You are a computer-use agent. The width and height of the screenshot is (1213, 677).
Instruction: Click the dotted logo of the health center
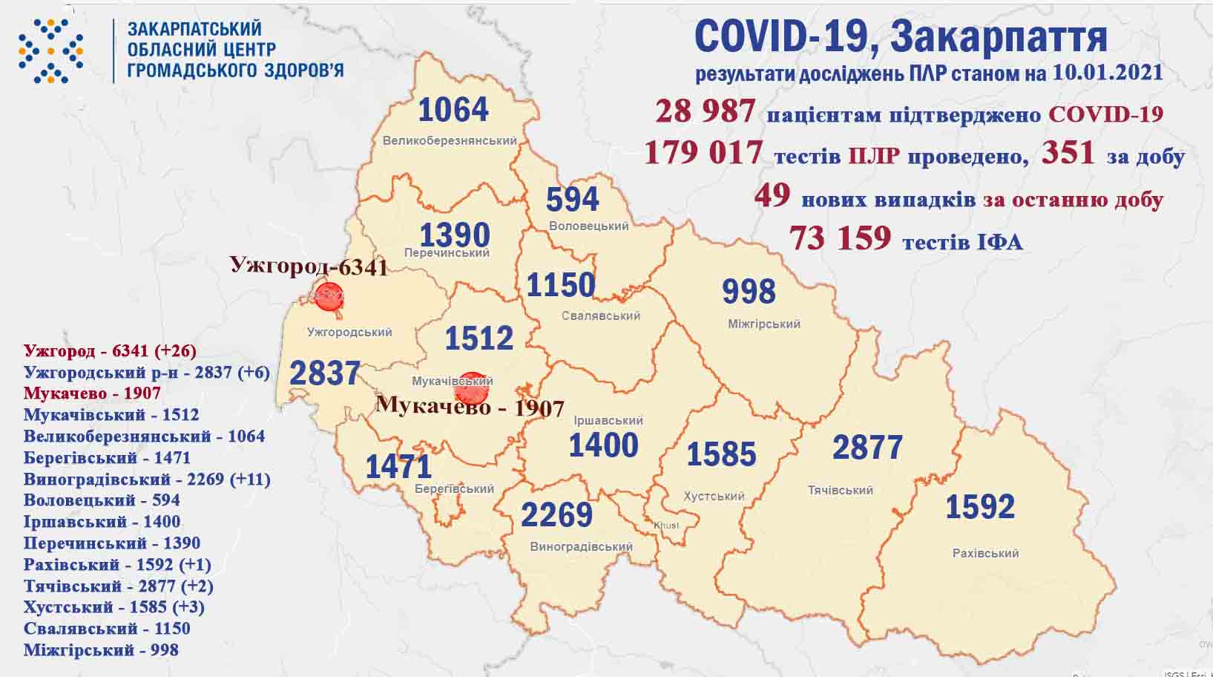pos(50,50)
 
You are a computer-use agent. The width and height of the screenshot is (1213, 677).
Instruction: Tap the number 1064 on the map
pos(453,110)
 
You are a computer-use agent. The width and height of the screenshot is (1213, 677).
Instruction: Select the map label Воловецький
pos(589,226)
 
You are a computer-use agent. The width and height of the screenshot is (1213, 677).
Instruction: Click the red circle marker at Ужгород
pos(328,295)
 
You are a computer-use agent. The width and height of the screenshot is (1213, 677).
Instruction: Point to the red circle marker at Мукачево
pos(471,387)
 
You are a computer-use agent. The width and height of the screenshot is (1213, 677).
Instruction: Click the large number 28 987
pos(705,111)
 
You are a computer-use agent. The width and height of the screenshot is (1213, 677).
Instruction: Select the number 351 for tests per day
pos(1068,152)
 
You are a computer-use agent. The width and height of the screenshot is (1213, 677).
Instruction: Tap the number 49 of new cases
pos(772,196)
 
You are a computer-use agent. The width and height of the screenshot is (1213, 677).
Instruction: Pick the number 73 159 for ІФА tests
pos(840,238)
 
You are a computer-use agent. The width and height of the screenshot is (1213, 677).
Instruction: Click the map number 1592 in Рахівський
pos(979,506)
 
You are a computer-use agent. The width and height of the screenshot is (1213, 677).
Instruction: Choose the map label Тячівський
pos(840,490)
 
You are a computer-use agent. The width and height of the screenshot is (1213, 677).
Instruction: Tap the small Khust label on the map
pos(665,526)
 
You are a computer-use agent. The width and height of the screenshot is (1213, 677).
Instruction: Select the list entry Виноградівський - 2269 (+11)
pos(147,479)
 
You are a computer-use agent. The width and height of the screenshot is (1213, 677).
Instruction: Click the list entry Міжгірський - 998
pos(101,650)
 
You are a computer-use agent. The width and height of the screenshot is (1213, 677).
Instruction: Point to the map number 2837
pos(324,373)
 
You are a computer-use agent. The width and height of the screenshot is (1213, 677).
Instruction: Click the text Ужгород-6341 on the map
pos(309,266)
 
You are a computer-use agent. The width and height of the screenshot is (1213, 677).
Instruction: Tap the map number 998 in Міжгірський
pos(749,291)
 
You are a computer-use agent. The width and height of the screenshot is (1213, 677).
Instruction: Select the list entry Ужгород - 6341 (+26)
pos(110,350)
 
